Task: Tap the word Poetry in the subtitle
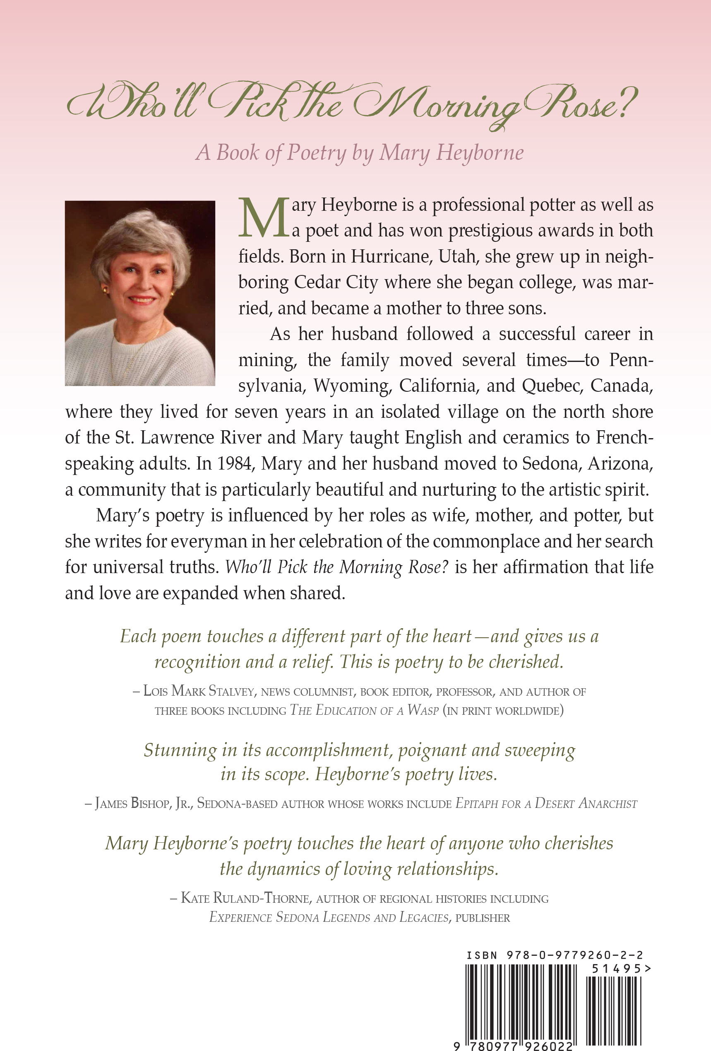tap(317, 153)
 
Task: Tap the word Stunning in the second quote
tap(180, 750)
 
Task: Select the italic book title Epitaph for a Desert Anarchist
tap(546, 804)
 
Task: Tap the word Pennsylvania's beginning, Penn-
tap(631, 360)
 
